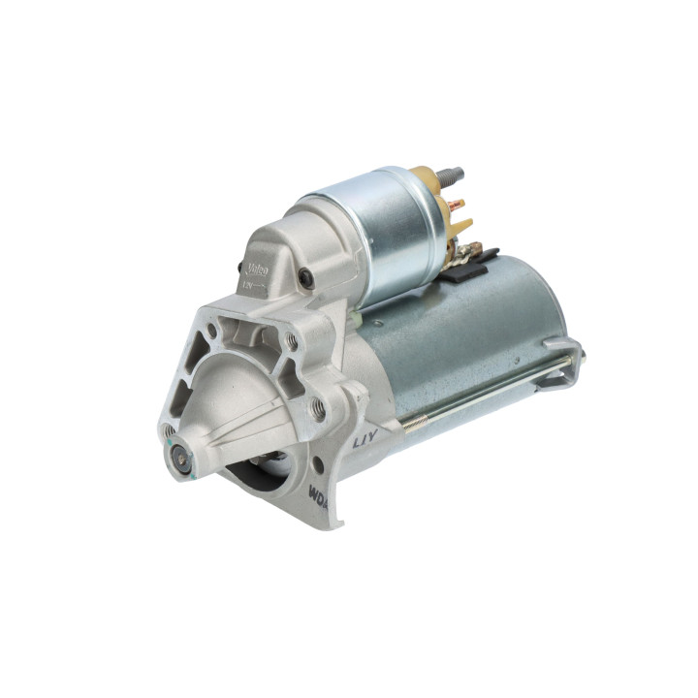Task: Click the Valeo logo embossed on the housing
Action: (x=257, y=268)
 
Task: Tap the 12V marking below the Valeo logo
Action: (x=250, y=286)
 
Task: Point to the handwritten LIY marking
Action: (x=365, y=439)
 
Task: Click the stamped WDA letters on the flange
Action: (x=317, y=492)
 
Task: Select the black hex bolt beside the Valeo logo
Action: (x=307, y=278)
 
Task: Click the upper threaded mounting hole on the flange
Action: (x=291, y=340)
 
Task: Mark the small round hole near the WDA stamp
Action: (x=318, y=464)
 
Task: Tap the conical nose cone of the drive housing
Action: (x=228, y=407)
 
